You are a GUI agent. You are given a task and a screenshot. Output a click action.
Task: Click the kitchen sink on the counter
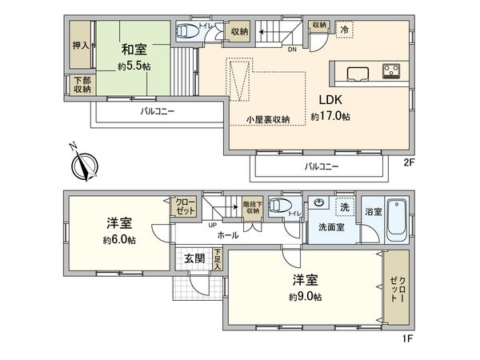click(x=356, y=74)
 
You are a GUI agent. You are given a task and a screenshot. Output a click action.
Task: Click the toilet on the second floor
click(x=185, y=32)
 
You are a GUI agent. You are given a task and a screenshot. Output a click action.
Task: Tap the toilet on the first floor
click(x=279, y=205)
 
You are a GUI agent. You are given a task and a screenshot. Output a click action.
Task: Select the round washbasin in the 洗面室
click(x=319, y=203)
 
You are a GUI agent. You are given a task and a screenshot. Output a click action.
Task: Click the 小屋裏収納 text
click(x=267, y=119)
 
